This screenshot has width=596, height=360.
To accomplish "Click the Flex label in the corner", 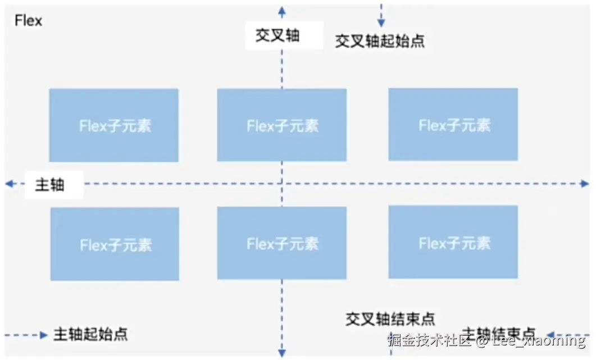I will pyautogui.click(x=28, y=21).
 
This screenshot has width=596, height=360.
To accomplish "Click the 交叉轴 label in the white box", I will pyautogui.click(x=277, y=35).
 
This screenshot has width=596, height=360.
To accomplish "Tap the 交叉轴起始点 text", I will pyautogui.click(x=380, y=41).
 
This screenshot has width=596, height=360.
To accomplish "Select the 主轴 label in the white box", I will pyautogui.click(x=50, y=185).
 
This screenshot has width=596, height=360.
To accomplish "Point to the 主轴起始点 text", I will pyautogui.click(x=90, y=334).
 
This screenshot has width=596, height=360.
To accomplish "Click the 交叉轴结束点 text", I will pyautogui.click(x=390, y=319).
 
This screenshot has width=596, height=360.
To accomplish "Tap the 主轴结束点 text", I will pyautogui.click(x=498, y=332).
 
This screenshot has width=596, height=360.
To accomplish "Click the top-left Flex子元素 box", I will pyautogui.click(x=114, y=125).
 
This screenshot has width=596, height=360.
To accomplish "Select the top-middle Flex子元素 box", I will pyautogui.click(x=282, y=125).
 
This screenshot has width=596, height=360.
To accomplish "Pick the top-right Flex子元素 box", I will pyautogui.click(x=453, y=125).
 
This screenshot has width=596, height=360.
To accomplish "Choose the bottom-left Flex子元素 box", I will pyautogui.click(x=115, y=244).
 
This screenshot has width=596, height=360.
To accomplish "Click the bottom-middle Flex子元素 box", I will pyautogui.click(x=282, y=243).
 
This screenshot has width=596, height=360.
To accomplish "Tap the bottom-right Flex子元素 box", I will pyautogui.click(x=453, y=242).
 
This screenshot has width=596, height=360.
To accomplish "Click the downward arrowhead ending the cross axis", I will pyautogui.click(x=282, y=352).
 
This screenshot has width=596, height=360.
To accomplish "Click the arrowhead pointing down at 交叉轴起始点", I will pyautogui.click(x=381, y=23).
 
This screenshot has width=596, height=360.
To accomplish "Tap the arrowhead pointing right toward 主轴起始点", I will pyautogui.click(x=44, y=335).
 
